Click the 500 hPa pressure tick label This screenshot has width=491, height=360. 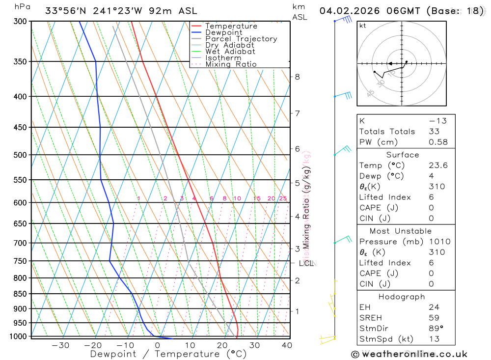point(20,155)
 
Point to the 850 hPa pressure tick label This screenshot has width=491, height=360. point(20,294)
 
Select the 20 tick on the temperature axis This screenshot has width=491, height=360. point(222,345)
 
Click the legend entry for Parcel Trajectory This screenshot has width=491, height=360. point(241,39)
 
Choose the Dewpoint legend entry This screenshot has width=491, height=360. point(223,32)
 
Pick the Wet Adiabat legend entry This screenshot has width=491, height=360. point(230,52)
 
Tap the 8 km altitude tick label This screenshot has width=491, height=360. point(297,77)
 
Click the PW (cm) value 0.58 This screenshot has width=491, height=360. point(438,142)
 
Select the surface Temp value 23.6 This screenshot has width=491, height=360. point(438,166)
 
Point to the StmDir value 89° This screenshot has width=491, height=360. point(436,328)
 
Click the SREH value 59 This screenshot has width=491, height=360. point(434,318)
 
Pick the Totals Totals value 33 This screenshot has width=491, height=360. point(434,131)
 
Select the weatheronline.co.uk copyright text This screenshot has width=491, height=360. point(409,354)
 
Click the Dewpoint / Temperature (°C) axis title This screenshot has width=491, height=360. point(168,354)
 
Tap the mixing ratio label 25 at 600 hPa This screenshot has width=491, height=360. point(283,198)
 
